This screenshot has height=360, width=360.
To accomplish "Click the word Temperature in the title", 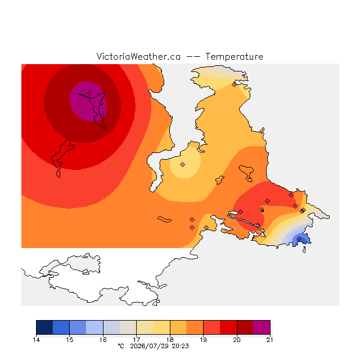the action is [x=234, y=57].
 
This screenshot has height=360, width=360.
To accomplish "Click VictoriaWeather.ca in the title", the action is [x=138, y=57].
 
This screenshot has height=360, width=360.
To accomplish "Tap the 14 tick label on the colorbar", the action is [x=36, y=340].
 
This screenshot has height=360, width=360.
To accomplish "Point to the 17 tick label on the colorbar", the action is [x=136, y=340].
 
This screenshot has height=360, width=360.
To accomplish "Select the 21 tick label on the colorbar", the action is [x=270, y=340].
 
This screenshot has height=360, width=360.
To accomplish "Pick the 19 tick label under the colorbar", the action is [x=203, y=340].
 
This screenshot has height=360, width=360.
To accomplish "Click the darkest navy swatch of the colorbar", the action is [x=44, y=327].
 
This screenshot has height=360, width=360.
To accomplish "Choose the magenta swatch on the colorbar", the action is [x=262, y=327].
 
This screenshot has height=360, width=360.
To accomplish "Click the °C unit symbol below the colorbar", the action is [x=121, y=346].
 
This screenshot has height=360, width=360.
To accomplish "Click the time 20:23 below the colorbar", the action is [x=180, y=346].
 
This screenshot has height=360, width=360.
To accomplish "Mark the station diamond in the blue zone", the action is [x=299, y=239].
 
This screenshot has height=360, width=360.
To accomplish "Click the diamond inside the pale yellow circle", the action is [x=182, y=164].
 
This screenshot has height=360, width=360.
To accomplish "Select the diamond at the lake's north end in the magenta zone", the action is [x=90, y=93].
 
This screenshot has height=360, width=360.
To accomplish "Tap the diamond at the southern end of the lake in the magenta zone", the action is [x=102, y=116].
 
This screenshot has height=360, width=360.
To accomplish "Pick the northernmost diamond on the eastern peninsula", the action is [x=234, y=85].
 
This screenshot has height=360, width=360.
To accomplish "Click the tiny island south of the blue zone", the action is [x=304, y=250].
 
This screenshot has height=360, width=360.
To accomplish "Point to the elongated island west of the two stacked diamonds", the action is [x=164, y=219].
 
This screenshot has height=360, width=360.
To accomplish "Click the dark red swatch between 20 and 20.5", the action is [x=245, y=327].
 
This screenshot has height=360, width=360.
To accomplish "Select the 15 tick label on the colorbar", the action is [x=70, y=340].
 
